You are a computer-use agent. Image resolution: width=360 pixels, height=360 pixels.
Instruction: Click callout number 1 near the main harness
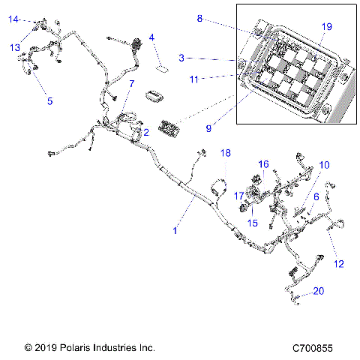point(175,231)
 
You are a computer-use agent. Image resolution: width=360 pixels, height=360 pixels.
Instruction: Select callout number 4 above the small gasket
point(151,37)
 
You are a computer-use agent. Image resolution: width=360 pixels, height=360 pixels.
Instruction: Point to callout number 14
point(13,19)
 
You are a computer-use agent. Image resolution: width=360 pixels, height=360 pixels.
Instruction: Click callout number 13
point(15,47)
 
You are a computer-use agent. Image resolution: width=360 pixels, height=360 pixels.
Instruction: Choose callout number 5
point(50,100)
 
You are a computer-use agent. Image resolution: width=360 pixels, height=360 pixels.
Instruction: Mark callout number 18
point(226,153)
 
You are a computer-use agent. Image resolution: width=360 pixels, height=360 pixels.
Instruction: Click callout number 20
point(319,291)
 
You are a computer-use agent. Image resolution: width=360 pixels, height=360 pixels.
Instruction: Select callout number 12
point(338,263)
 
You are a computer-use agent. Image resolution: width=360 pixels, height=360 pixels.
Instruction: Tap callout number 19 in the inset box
point(325,26)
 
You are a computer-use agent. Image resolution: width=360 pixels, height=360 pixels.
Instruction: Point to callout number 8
point(199,19)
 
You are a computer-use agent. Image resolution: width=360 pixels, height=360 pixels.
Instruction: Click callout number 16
point(263,163)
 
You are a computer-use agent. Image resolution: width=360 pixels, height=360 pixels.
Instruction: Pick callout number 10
point(324,164)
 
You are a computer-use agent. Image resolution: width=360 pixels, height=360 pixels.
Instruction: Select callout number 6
point(316,196)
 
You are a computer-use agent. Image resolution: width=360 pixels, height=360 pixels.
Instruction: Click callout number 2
point(145,133)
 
